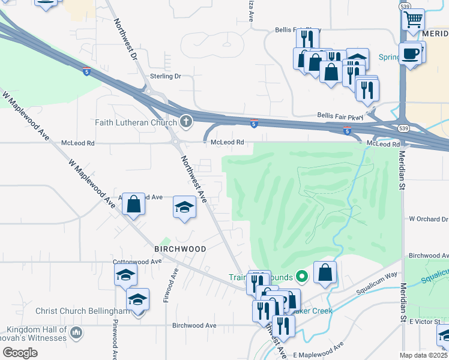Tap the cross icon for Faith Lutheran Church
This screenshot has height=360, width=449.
point(186,122)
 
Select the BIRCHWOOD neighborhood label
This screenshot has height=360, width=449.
point(180,248)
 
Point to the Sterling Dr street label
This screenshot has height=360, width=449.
point(166,77)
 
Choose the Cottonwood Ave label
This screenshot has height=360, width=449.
point(137,262)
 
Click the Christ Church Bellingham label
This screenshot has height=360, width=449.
point(83,311)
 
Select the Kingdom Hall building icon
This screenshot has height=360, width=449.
point(76,332)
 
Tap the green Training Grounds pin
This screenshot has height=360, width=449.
point(302,277)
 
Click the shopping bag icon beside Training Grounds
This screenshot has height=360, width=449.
point(325,272)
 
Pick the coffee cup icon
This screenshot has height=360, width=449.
point(411,53)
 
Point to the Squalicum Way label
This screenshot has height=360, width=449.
point(377,283)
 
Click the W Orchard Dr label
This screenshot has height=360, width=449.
point(428,220)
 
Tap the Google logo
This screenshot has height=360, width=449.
point(19,353)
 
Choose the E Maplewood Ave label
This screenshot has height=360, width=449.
point(318,350)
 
